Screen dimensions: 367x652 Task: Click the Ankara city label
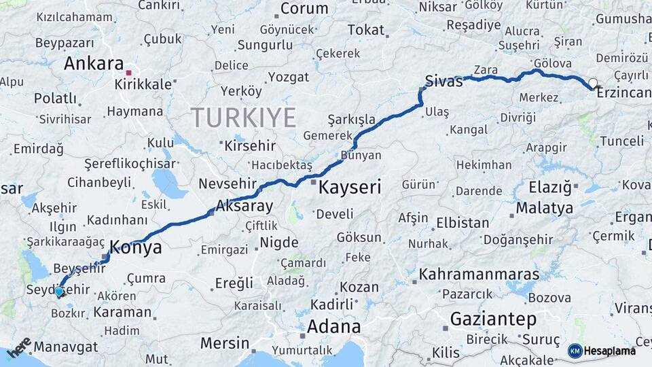tap(94, 64)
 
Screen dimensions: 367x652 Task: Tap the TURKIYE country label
tap(243, 118)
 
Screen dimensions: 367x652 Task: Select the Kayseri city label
tap(350, 187)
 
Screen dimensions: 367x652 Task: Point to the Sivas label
tap(443, 81)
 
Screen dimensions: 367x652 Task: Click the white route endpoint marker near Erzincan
tap(594, 84)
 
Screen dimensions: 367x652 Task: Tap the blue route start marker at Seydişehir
tap(59, 291)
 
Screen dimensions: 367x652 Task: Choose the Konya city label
tap(136, 247)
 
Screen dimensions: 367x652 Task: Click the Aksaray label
tap(244, 206)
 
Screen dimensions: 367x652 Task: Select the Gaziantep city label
tap(493, 319)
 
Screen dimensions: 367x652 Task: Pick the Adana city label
tap(333, 326)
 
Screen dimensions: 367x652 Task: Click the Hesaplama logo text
tap(610, 351)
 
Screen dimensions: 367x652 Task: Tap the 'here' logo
tap(18, 347)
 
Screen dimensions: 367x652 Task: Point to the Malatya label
tap(544, 208)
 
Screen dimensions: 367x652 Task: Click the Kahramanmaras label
tap(479, 275)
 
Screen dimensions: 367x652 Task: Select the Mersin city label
tap(225, 343)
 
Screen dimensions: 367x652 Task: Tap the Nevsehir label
tap(228, 184)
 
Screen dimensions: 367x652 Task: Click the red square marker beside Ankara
tap(128, 69)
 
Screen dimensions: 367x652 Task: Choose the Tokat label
tap(366, 30)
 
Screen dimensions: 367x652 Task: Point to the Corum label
tap(304, 9)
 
